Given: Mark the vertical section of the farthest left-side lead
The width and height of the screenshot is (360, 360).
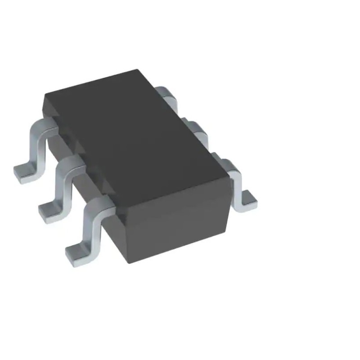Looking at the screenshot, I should pos(36,148).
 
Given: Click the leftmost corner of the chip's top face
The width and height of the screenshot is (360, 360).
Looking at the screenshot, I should pos(45,97).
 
